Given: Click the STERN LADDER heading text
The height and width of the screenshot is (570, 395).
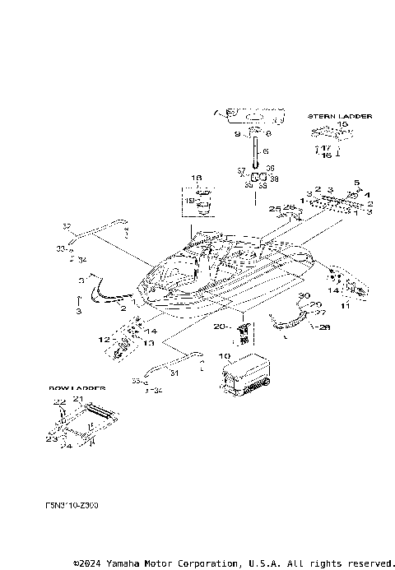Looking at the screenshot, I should point(339,116).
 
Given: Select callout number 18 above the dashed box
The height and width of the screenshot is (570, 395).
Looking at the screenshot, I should point(197,178).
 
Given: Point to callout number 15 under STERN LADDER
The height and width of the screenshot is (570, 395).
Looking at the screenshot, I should point(343,125).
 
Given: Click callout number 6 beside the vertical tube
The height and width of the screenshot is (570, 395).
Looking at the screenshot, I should point(266,151).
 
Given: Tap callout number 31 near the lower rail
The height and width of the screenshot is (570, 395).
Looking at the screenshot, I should point(174,373).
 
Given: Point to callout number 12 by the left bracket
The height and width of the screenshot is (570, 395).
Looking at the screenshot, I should point(105,339).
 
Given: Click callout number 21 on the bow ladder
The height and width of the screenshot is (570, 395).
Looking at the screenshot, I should point(78,398).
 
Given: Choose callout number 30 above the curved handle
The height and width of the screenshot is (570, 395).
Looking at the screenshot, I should point(303,294).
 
